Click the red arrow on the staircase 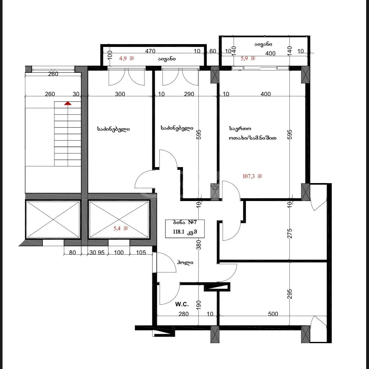tap(68, 103)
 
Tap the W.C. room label tap(182, 304)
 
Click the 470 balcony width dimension tap(150, 51)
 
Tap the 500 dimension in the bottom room tap(273, 314)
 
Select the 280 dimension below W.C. tap(184, 314)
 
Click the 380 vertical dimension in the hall tap(199, 245)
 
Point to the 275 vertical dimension tap(290, 234)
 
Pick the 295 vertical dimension tap(290, 294)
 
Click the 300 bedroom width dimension tap(120, 94)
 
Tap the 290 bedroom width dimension tap(189, 94)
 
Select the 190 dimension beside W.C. tap(199, 305)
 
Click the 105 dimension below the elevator tap(141, 252)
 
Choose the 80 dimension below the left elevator tap(73, 252)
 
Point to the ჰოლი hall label tap(185, 262)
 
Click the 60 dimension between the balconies tap(213, 51)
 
